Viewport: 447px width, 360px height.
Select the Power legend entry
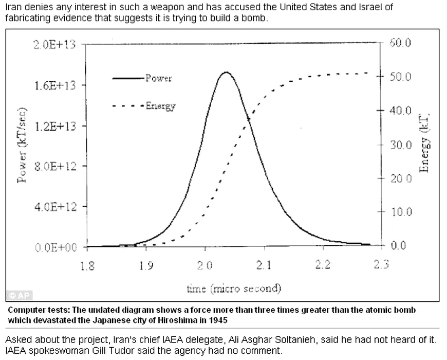click(158, 78)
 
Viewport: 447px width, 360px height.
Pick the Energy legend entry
click(160, 106)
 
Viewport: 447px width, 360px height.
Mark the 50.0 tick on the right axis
click(401, 77)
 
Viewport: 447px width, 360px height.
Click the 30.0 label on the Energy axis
click(401, 145)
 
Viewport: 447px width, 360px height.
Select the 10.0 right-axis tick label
click(401, 212)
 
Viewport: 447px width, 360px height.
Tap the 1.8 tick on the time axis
click(88, 265)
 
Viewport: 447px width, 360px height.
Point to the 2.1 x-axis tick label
click(264, 265)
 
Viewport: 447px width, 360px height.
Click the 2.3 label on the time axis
click(381, 265)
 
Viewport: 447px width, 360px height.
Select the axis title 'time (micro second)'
click(234, 288)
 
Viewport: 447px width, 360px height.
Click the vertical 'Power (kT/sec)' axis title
click(22, 146)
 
